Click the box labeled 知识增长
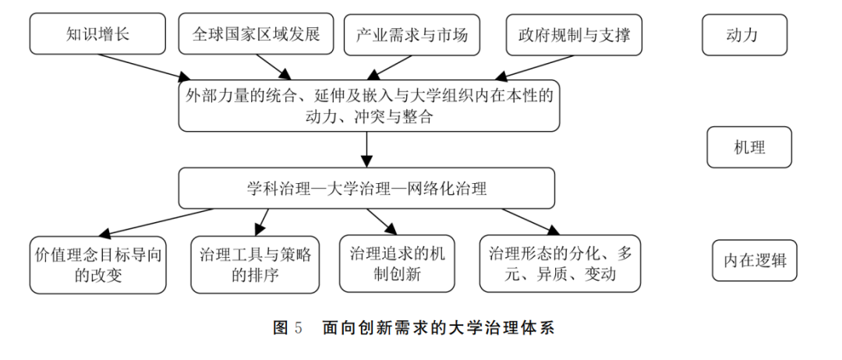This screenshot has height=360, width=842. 97,34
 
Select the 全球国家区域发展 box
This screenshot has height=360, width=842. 256,34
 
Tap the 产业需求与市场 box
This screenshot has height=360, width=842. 412,34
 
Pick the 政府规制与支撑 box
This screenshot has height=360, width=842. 574,34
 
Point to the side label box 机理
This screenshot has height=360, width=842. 749,147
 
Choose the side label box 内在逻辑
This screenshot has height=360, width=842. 755,260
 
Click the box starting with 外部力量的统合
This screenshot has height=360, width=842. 370,105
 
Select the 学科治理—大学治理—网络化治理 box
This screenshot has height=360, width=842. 366,188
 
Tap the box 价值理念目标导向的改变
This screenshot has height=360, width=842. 98,265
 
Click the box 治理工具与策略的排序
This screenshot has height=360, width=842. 254,265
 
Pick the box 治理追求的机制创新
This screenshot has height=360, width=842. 396,263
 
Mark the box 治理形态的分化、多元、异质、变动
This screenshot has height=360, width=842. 560,263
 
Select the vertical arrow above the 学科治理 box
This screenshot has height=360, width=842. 366,149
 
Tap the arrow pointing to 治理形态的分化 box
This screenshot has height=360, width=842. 530,221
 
